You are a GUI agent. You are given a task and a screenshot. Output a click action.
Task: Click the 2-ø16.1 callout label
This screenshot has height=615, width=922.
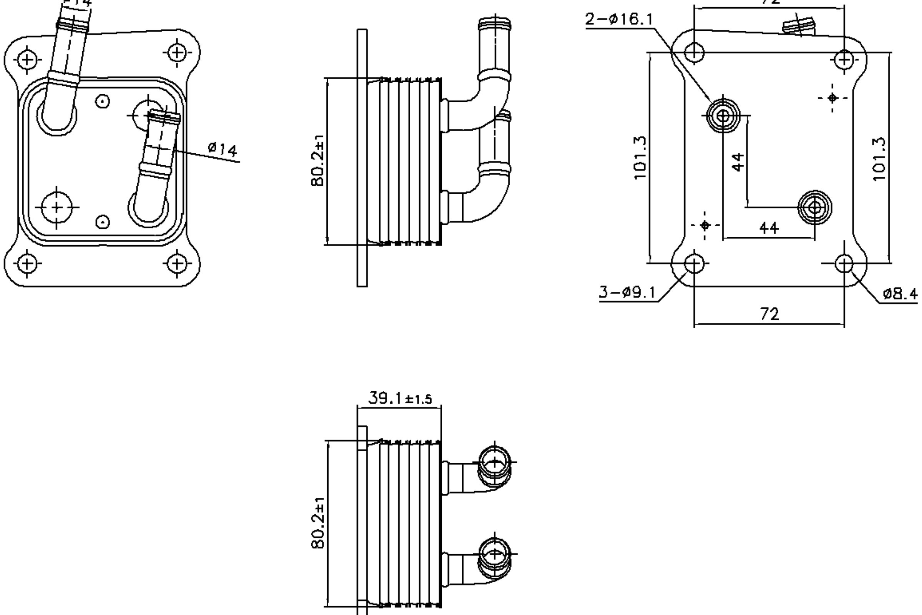pyautogui.click(x=619, y=19)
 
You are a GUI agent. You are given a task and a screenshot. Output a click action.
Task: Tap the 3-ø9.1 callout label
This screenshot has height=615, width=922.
pyautogui.click(x=627, y=292)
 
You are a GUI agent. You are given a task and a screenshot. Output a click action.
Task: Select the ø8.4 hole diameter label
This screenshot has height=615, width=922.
pyautogui.click(x=899, y=294)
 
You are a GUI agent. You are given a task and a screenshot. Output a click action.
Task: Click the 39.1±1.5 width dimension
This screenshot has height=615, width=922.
pyautogui.click(x=400, y=399)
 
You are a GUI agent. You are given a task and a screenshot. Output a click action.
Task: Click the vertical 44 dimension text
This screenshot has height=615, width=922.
pyautogui.click(x=738, y=162)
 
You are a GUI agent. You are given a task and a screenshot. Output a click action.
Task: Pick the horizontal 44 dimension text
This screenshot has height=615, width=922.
pyautogui.click(x=769, y=228)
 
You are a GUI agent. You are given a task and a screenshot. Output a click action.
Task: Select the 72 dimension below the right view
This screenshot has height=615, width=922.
pyautogui.click(x=769, y=314)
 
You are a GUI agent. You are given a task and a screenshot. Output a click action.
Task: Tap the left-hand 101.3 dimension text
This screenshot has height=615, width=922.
pyautogui.click(x=640, y=158)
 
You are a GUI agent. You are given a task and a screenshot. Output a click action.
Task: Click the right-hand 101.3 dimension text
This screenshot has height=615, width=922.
pyautogui.click(x=879, y=158)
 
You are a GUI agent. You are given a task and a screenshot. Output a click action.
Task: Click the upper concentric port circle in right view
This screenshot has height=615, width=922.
pyautogui.click(x=723, y=116)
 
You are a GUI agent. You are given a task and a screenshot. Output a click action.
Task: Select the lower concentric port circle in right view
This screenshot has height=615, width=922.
pyautogui.click(x=815, y=208)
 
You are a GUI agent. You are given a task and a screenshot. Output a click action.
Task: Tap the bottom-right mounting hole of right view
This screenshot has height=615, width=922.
pyautogui.click(x=844, y=264)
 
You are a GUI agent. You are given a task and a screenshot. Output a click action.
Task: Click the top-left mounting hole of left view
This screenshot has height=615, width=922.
pyautogui.click(x=27, y=60)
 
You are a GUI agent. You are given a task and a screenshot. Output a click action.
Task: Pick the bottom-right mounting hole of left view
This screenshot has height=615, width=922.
pyautogui.click(x=177, y=263)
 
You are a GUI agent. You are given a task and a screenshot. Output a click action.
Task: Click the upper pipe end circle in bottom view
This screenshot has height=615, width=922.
pyautogui.click(x=495, y=463)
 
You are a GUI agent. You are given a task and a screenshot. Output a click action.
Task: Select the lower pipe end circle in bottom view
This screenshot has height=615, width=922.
pyautogui.click(x=495, y=554)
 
